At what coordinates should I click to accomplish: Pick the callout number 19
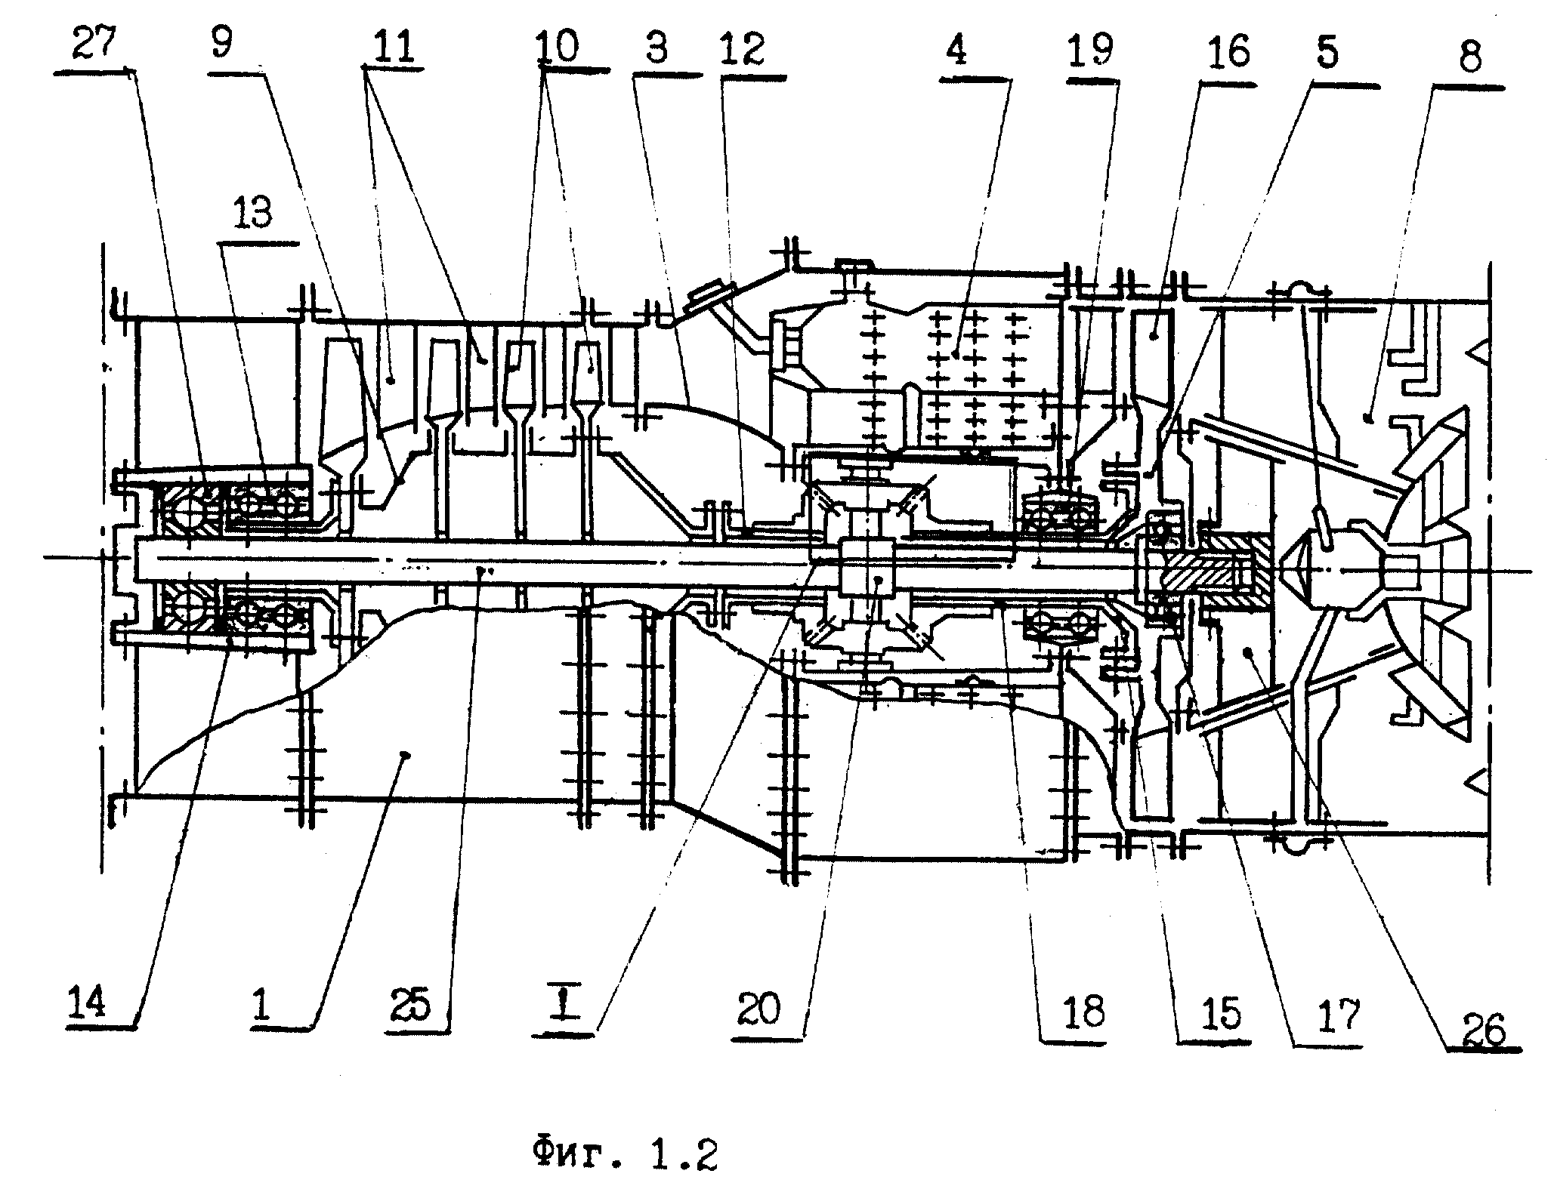pyautogui.click(x=1090, y=51)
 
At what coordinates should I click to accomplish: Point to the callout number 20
pyautogui.click(x=758, y=1009)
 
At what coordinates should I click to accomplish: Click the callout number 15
pyautogui.click(x=1220, y=1013)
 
